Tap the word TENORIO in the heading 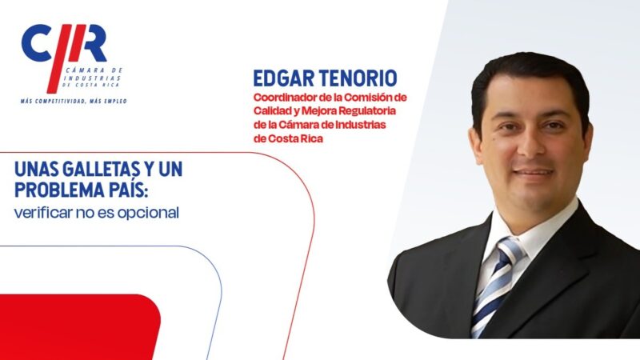tap(357, 78)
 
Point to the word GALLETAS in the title tap(90, 169)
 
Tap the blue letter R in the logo tap(93, 43)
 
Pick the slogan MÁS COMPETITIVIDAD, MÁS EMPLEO tap(74, 101)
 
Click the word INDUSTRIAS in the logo tap(92, 78)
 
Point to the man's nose tap(528, 144)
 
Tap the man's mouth tap(533, 172)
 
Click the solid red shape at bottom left tap(78, 326)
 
